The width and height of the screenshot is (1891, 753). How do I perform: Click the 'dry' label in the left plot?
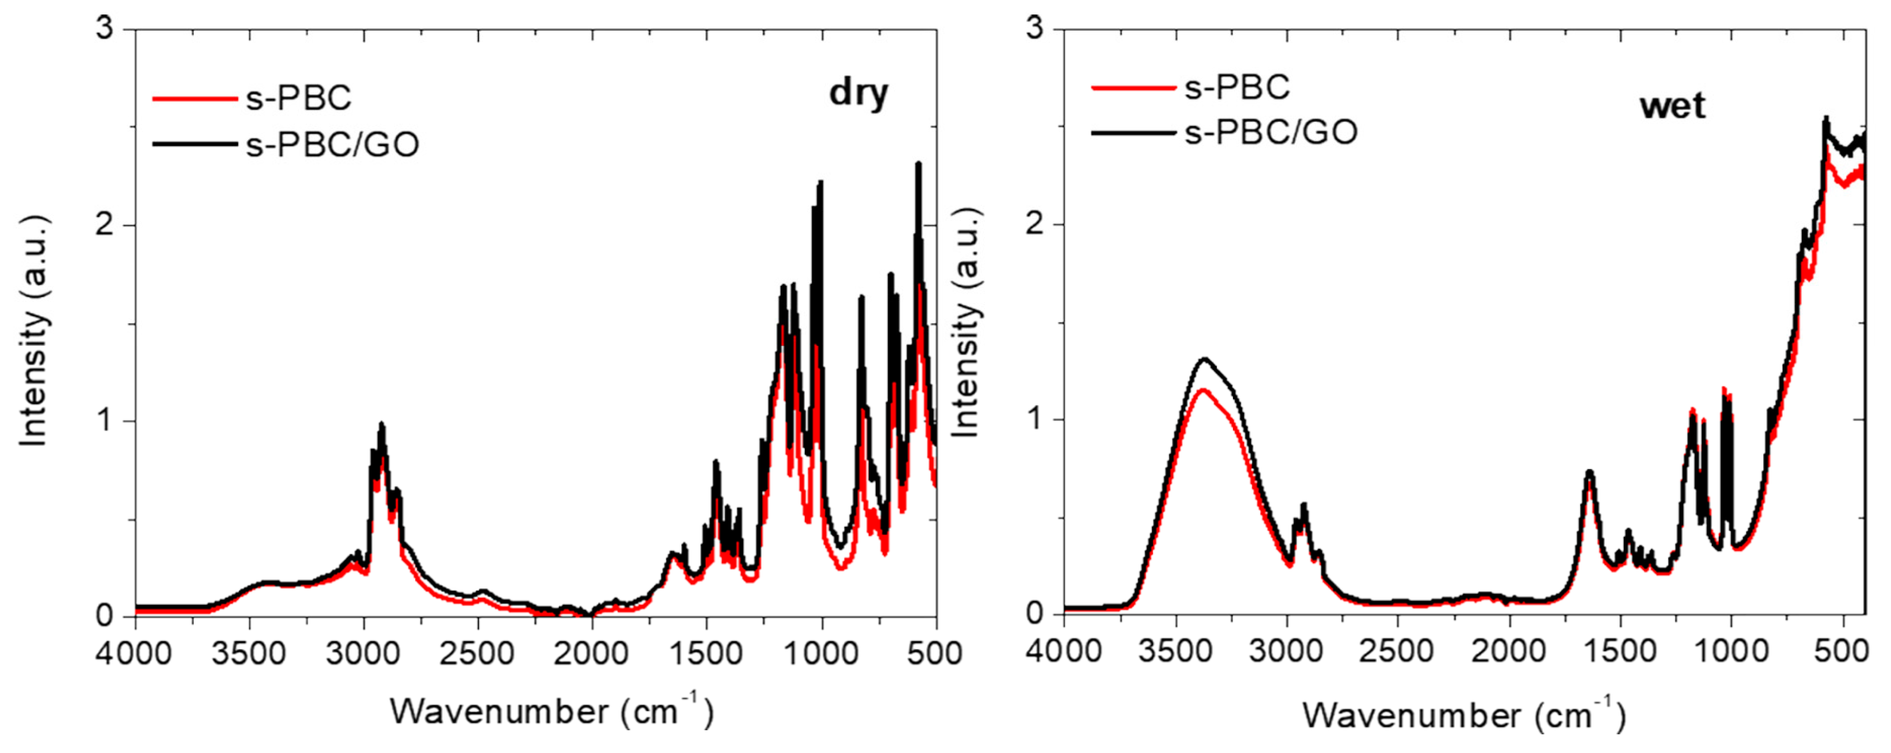click(x=858, y=94)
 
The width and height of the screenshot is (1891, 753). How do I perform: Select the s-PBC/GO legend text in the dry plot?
click(x=333, y=145)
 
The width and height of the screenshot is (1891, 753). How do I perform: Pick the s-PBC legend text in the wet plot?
click(x=1237, y=87)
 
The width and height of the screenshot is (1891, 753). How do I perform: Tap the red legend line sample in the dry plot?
click(x=195, y=98)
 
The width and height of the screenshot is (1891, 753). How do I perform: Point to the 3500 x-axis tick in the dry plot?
click(x=249, y=652)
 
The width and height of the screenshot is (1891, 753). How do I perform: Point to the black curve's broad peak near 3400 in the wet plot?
click(x=1204, y=360)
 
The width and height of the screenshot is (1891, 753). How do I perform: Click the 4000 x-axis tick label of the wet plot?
click(x=1064, y=650)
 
